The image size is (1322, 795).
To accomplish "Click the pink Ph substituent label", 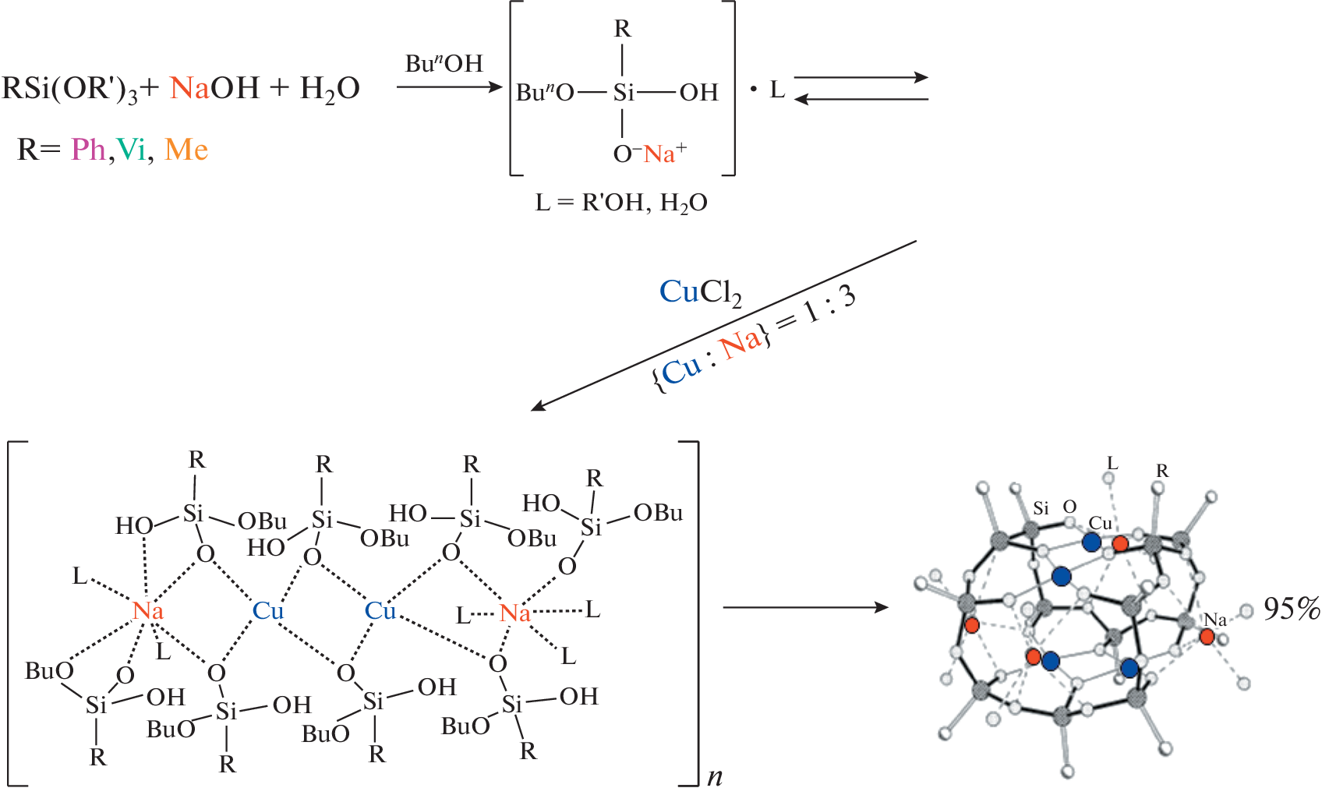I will coord(88,149).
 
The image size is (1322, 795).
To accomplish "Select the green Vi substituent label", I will coord(131,149).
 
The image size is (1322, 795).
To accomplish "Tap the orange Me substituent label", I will coord(186,149).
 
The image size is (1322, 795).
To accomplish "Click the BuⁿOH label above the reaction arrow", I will coord(444,63).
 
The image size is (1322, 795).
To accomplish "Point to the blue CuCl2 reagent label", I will coord(700,292).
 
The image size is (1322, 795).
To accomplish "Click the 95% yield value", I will coord(1291,609).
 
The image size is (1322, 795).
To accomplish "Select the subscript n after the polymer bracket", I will coord(715,777).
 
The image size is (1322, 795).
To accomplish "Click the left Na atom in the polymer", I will coord(148,610).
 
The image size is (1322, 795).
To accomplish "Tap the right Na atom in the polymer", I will coord(514,613).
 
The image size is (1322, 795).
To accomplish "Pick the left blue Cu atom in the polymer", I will coord(267,611).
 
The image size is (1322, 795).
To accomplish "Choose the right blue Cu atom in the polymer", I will coord(380,611).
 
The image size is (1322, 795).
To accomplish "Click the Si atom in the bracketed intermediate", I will coord(623,93).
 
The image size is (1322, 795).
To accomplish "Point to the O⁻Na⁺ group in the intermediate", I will coord(649,154).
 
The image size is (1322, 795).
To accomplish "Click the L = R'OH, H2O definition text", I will coord(621,203).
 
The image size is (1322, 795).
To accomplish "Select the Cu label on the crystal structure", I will coord(1100,523).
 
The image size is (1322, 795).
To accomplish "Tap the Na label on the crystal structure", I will coord(1214,620).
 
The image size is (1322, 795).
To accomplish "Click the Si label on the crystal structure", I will coord(1041,509).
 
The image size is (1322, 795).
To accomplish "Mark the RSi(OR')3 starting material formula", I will coord(70,90).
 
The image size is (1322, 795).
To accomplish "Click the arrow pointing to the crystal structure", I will coord(805,607).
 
